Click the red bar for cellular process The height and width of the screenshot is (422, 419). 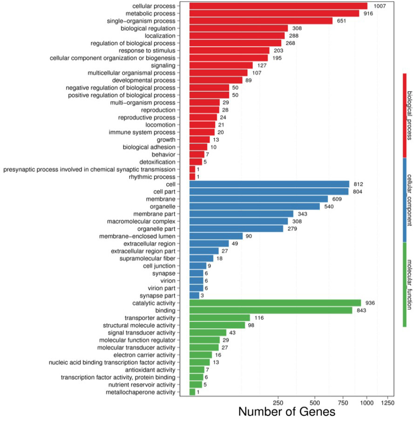tap(278, 6)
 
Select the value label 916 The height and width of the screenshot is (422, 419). tap(368, 14)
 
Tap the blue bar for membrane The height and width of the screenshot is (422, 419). tap(259, 199)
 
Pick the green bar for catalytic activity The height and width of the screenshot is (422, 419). tap(275, 303)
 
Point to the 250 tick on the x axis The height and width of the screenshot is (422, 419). tap(278, 397)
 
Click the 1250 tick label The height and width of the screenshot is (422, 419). tap(387, 403)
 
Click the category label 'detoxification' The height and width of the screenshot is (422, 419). tap(157, 162)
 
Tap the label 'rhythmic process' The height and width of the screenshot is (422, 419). tap(152, 177)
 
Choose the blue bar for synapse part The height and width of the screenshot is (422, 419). tap(195, 295)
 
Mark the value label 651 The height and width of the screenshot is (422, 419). tap(341, 21)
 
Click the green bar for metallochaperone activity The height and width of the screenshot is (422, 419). tap(192, 392)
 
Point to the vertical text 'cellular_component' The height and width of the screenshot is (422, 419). tap(409, 200)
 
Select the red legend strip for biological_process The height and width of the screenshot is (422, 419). tap(405, 116)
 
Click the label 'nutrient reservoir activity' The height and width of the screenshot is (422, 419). tap(142, 385)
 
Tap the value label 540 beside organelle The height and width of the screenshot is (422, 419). tap(329, 206)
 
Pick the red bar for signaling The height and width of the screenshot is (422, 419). tap(221, 65)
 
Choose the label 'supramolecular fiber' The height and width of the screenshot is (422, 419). tap(148, 259)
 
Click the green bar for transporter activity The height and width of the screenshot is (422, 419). tap(220, 318)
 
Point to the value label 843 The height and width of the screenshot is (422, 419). tap(361, 311)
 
